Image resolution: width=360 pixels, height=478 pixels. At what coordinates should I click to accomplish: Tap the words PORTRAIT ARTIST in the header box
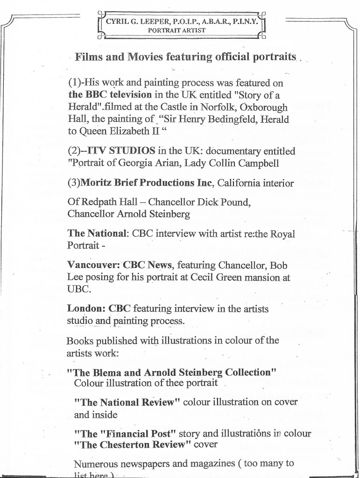point(177,29)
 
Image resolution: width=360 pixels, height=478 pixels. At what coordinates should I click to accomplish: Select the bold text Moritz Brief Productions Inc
point(148,183)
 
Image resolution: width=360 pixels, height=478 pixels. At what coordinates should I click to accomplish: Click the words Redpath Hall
point(102,203)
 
